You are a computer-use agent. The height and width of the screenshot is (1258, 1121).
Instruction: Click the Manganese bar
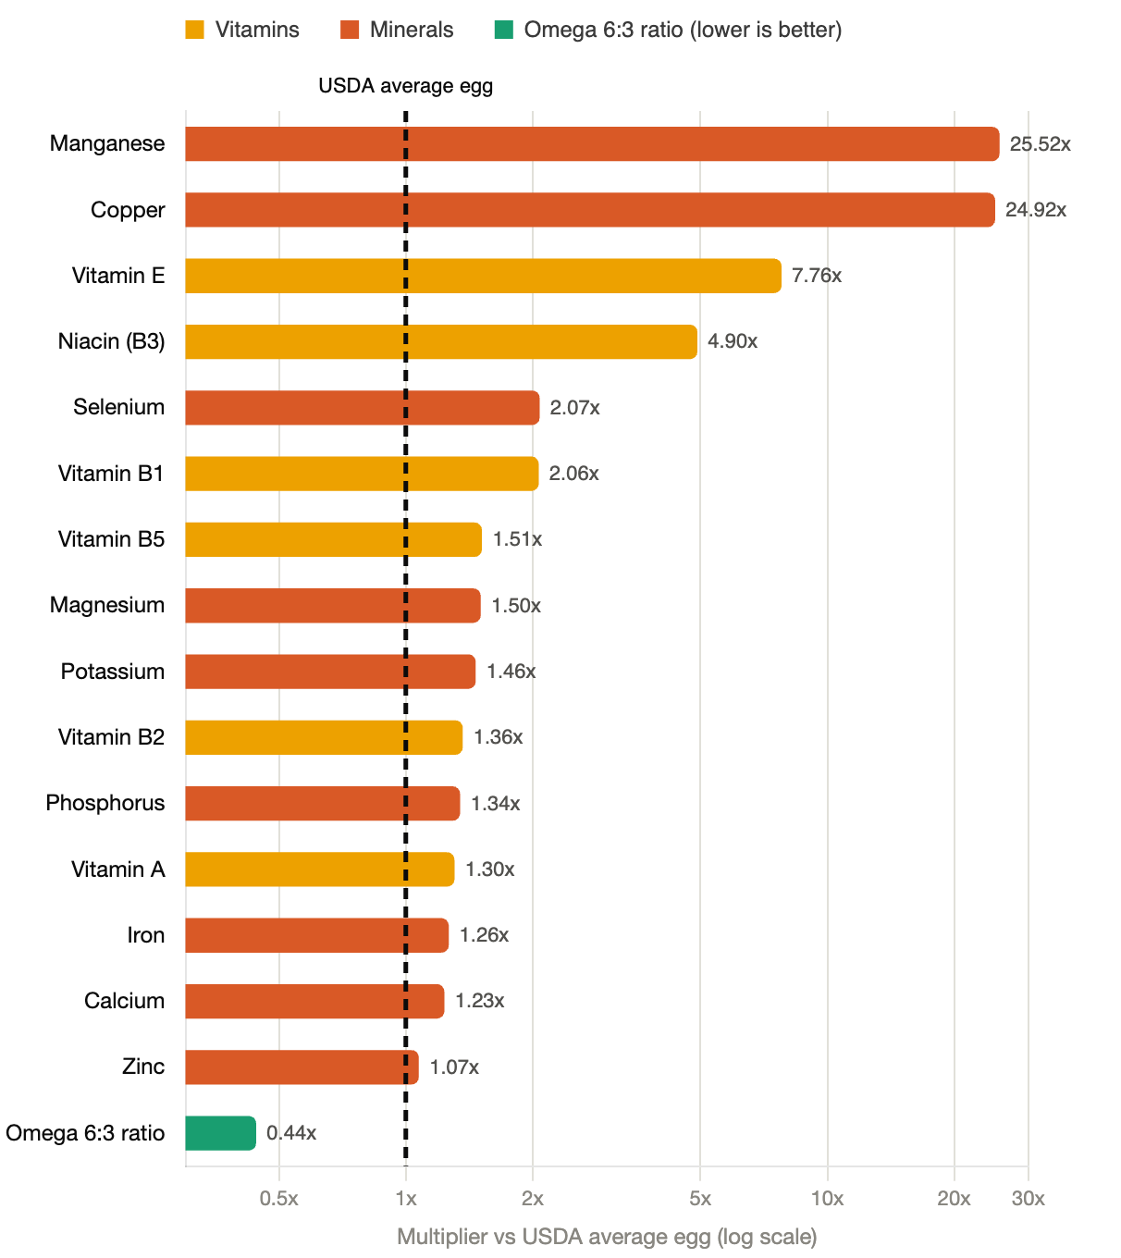[592, 144]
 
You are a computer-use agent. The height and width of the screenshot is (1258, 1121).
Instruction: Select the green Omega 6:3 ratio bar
[220, 1132]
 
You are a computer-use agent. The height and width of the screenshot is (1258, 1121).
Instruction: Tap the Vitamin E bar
[483, 276]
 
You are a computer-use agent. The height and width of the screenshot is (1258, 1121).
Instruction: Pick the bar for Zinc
[302, 1067]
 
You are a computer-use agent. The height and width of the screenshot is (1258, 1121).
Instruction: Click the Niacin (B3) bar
[441, 341]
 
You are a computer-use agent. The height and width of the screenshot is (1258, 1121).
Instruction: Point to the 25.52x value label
[1040, 144]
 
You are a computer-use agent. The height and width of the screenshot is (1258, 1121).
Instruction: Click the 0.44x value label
[291, 1132]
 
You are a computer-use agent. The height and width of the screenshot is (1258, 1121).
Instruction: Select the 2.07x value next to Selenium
[574, 407]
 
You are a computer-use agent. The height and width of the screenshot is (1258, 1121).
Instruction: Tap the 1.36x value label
[499, 737]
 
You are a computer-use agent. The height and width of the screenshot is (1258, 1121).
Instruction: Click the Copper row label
[128, 210]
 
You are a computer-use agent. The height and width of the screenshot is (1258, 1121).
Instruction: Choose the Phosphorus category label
[105, 803]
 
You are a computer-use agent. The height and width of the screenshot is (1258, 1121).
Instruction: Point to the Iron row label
[146, 935]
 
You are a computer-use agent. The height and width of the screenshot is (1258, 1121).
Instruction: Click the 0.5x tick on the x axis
[278, 1199]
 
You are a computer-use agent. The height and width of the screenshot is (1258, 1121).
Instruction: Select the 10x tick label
[827, 1199]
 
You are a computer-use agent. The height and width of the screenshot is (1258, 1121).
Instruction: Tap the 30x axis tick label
[1028, 1199]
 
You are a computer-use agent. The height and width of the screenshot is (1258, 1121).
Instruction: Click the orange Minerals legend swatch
[350, 30]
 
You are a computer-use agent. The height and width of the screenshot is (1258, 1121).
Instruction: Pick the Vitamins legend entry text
[257, 30]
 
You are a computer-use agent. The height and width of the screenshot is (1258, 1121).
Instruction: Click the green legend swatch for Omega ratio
[504, 30]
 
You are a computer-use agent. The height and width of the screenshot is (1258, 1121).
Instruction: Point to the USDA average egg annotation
[405, 86]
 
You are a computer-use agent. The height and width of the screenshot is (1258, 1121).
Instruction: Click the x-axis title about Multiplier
[607, 1237]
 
